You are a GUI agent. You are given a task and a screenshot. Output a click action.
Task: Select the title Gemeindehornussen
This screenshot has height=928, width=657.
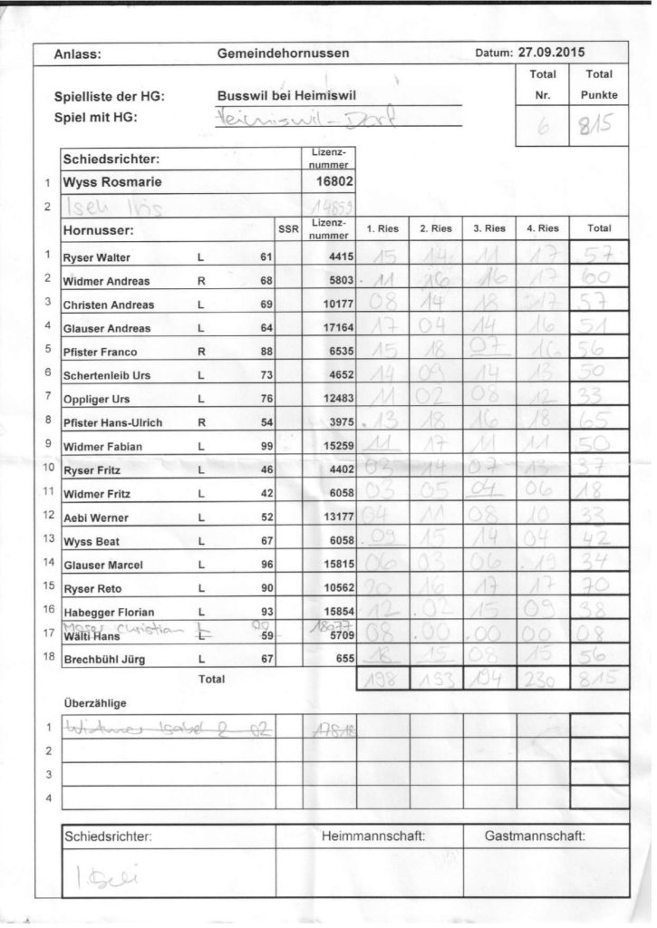pos(284,54)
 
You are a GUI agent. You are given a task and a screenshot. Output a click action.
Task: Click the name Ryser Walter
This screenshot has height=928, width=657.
pos(96,257)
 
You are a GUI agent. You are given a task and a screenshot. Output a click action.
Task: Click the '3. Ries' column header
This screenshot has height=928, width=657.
pos(489,229)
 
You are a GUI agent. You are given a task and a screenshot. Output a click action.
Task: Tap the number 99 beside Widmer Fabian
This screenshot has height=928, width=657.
pos(265,446)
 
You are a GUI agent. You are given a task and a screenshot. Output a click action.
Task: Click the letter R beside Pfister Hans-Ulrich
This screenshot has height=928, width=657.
pos(199,422)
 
